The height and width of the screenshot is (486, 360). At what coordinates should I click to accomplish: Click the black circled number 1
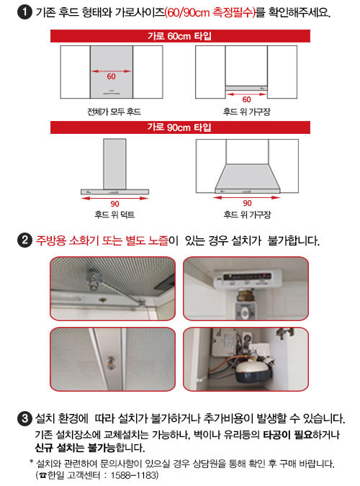coord(24,12)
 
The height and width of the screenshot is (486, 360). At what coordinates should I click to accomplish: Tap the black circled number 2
coord(24,240)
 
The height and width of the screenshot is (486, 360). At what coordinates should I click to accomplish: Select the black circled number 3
coord(24,418)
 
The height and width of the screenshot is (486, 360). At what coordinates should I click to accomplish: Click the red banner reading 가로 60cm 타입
coord(180,36)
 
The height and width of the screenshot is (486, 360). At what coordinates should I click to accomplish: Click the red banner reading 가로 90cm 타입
coord(180,127)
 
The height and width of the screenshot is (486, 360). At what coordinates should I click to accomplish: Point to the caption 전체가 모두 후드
coord(114,112)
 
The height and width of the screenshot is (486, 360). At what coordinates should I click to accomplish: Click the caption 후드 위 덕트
coord(114,215)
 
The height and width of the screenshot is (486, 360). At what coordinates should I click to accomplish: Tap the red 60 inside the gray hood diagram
coord(112,76)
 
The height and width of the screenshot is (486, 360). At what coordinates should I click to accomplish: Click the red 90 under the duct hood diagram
coord(114,204)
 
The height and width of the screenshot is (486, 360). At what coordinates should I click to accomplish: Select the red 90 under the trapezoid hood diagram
coord(247,203)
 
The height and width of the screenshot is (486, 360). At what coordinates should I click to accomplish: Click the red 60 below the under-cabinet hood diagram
coord(246,99)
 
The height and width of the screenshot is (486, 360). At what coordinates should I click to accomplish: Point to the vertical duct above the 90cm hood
coord(114,164)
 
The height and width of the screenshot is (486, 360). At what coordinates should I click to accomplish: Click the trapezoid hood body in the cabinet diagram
coord(248,179)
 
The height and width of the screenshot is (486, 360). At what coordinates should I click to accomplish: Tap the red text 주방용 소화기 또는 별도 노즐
coord(102,240)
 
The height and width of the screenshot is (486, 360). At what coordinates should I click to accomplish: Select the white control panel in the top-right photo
coord(248,278)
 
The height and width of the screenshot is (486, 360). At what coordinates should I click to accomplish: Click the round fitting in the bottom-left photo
coord(111,363)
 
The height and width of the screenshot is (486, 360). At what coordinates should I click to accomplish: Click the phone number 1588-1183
coord(134,475)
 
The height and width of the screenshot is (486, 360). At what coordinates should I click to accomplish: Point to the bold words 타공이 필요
coord(288,435)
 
